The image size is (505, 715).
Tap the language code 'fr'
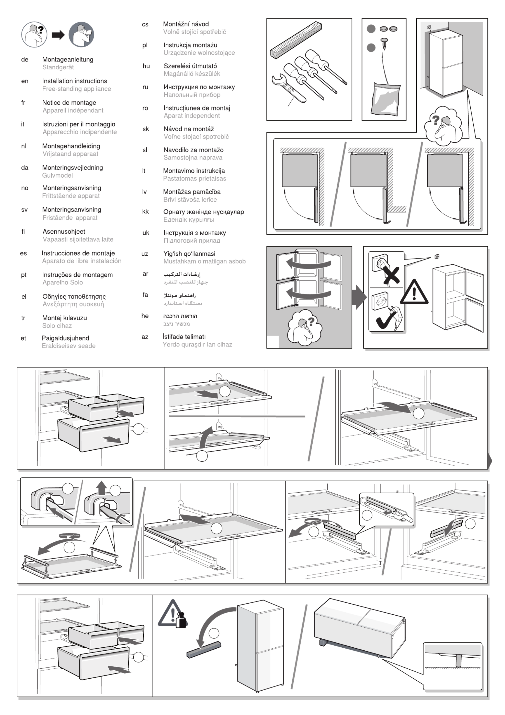click(x=23, y=102)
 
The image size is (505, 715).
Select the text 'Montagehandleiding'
click(x=71, y=146)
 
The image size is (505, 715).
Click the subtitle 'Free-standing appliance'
click(x=77, y=89)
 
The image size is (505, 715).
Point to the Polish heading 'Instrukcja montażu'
click(x=190, y=45)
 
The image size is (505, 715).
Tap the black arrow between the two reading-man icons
click(x=58, y=35)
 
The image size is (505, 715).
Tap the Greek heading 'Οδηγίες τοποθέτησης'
click(x=74, y=296)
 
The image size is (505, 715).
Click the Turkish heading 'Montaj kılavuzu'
click(x=64, y=318)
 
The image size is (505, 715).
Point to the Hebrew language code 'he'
click(x=145, y=316)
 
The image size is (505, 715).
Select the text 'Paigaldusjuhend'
click(x=65, y=338)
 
